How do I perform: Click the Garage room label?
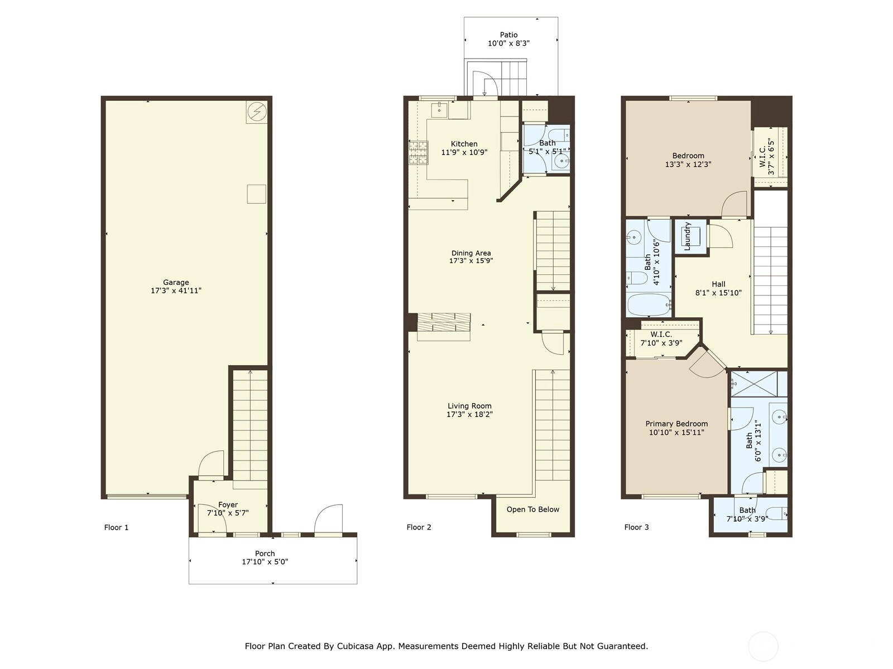pyautogui.click(x=176, y=282)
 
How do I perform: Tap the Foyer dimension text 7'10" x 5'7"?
pyautogui.click(x=228, y=512)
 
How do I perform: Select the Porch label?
pyautogui.click(x=265, y=553)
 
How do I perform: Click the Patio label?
pyautogui.click(x=508, y=35)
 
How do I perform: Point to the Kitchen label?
pyautogui.click(x=464, y=144)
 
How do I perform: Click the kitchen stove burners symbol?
pyautogui.click(x=419, y=152)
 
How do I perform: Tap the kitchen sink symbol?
pyautogui.click(x=439, y=110)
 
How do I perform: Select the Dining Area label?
pyautogui.click(x=471, y=253)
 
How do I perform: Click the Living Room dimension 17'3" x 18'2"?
pyautogui.click(x=469, y=414)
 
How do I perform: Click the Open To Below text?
pyautogui.click(x=533, y=510)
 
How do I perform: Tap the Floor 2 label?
pyautogui.click(x=419, y=527)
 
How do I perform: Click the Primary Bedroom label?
pyautogui.click(x=676, y=424)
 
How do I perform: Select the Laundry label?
pyautogui.click(x=688, y=236)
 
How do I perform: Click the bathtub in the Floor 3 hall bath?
pyautogui.click(x=649, y=305)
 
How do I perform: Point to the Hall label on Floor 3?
pyautogui.click(x=718, y=284)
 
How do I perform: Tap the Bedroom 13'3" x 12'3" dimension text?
pyautogui.click(x=688, y=164)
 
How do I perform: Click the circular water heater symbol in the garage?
pyautogui.click(x=257, y=111)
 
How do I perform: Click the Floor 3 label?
pyautogui.click(x=637, y=527)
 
